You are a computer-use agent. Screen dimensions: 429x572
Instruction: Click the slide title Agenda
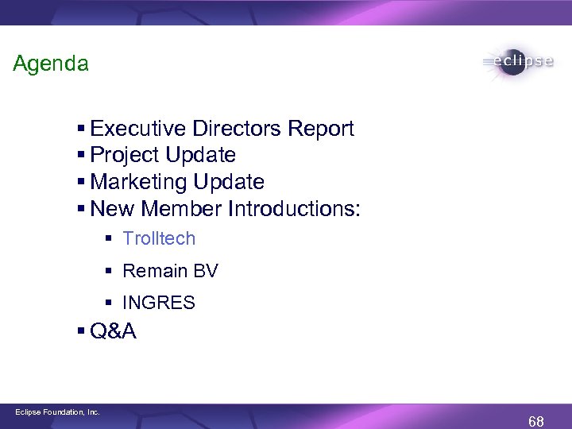51,64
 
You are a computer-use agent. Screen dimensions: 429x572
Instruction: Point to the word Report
321,129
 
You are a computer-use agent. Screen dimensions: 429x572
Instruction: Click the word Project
123,155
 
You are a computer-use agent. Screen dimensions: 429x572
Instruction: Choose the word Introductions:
294,209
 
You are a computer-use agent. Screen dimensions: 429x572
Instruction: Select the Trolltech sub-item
159,238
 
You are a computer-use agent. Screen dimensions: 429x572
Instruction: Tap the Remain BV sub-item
170,271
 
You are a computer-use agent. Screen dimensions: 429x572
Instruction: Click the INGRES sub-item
159,303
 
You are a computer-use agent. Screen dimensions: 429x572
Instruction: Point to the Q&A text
114,331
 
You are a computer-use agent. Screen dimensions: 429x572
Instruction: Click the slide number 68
536,421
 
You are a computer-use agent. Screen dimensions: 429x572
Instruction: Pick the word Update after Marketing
233,182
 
